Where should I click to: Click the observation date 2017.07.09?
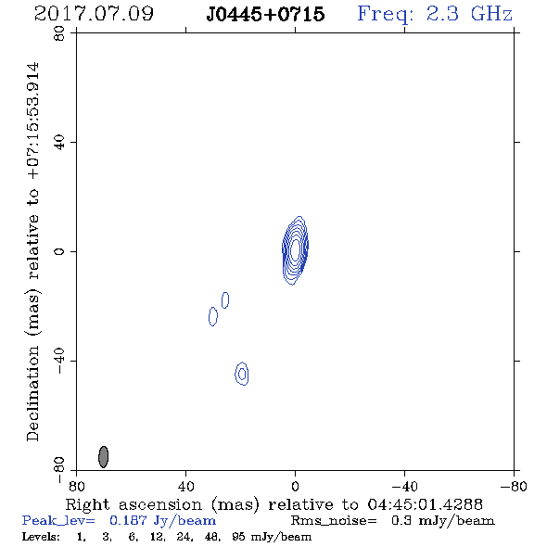[x=94, y=14]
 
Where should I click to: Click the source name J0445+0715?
[x=265, y=14]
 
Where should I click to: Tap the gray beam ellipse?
[x=103, y=457]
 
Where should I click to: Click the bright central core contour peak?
[x=295, y=249]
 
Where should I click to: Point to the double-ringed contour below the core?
[x=242, y=374]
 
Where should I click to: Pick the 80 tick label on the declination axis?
[x=59, y=33]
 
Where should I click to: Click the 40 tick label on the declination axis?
[x=59, y=143]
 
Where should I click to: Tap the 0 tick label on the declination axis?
[x=59, y=251]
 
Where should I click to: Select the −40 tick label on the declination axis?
[x=59, y=361]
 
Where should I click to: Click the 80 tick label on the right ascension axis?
[x=76, y=487]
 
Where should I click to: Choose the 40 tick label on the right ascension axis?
[x=185, y=487]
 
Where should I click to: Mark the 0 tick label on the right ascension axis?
[x=295, y=487]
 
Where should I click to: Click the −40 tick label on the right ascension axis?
[x=404, y=487]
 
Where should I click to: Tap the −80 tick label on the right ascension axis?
[x=514, y=487]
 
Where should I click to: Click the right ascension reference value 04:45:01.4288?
[x=425, y=504]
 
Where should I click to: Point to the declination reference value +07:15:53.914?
[x=33, y=121]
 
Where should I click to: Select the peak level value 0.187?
[x=128, y=521]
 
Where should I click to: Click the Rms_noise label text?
[x=334, y=521]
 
